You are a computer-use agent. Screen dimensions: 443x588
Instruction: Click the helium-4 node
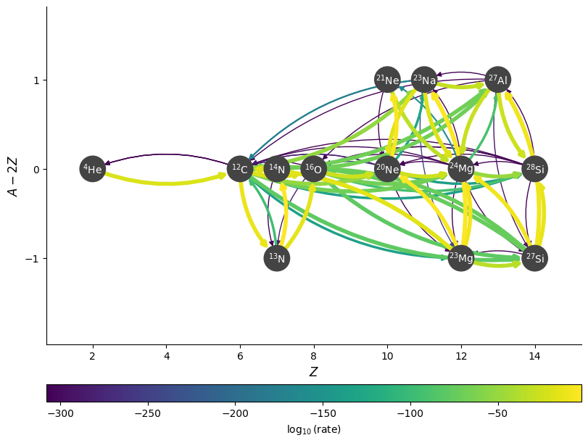(x=92, y=169)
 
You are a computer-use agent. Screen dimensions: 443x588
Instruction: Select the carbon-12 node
(x=240, y=169)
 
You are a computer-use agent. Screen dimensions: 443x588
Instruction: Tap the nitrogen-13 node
(x=277, y=258)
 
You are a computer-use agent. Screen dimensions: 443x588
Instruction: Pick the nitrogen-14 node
(x=277, y=169)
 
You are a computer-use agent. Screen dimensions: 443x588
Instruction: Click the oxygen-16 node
(x=314, y=169)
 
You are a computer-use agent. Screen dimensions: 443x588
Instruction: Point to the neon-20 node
(x=387, y=169)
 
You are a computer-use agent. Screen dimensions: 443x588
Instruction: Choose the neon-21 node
(x=387, y=80)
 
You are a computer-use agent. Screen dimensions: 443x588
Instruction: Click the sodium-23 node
(x=424, y=80)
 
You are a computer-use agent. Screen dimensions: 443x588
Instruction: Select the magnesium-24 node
(x=461, y=169)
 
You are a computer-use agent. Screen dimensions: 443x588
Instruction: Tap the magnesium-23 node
(x=461, y=258)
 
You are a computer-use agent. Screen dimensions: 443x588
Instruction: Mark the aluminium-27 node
(x=498, y=80)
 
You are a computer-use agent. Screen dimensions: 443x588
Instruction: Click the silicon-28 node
(x=535, y=169)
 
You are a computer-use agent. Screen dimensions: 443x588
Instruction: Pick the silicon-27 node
(x=535, y=258)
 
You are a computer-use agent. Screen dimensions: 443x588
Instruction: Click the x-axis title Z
(x=313, y=372)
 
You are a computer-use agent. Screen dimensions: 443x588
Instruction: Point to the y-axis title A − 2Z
(x=13, y=175)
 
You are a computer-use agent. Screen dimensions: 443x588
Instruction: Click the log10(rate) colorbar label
(x=313, y=430)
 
